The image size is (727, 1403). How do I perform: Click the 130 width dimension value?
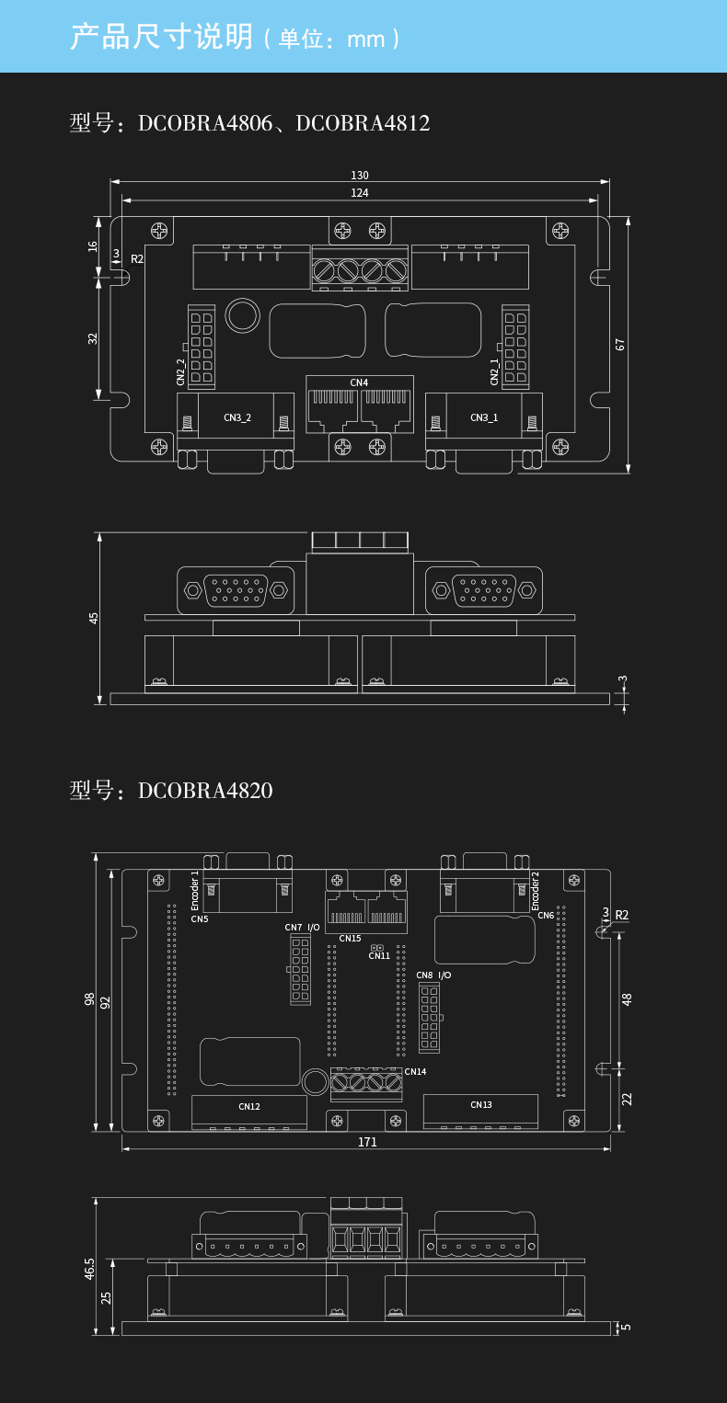click(360, 176)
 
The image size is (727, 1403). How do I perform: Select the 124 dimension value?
click(360, 193)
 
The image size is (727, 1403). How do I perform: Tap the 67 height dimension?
click(620, 345)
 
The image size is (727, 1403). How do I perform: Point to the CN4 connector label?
click(359, 382)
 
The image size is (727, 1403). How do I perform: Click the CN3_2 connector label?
click(237, 417)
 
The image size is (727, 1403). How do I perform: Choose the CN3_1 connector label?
click(484, 417)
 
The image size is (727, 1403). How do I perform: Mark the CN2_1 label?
click(494, 372)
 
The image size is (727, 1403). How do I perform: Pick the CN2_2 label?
click(181, 372)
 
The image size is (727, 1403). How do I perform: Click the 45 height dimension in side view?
click(93, 618)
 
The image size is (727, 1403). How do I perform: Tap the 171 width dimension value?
click(367, 1142)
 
